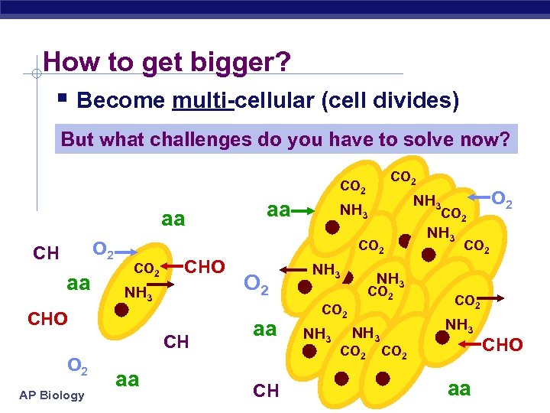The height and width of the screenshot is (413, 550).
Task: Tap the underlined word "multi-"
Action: coord(203,100)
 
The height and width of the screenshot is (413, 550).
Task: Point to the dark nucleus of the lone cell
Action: coord(121,311)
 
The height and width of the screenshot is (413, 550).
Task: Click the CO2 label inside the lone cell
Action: coord(147,269)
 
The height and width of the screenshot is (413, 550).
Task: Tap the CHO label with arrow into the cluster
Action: coord(503,346)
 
